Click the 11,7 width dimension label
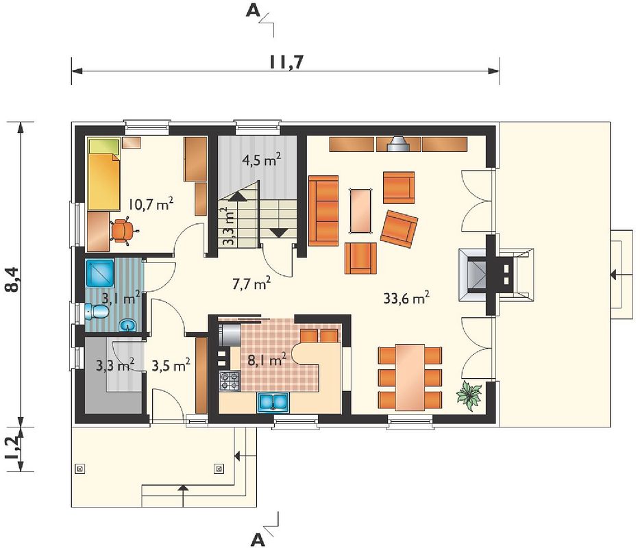286,62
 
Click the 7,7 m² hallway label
251,284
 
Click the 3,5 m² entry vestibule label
171,365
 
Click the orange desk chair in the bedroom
123,232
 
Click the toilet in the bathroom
97,312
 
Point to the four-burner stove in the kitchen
230,381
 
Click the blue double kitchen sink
273,401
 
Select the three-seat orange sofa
323,211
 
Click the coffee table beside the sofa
361,211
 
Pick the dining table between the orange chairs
410,377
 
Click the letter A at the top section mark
253,11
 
